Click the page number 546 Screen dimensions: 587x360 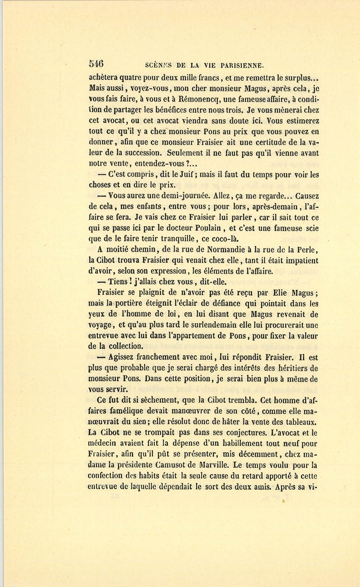(96, 64)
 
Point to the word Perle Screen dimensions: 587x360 (306, 250)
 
